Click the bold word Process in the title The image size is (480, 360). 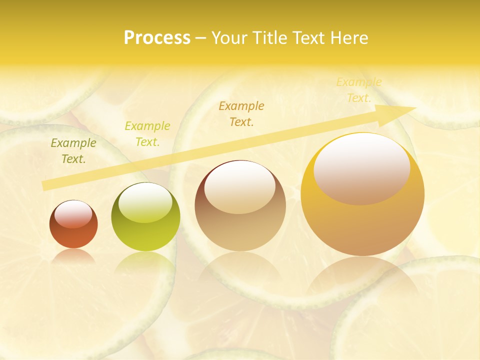click(x=157, y=38)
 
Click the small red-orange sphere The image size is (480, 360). click(x=73, y=225)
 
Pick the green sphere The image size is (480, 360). click(x=145, y=217)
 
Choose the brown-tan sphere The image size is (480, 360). click(x=240, y=206)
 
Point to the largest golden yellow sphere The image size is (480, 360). click(x=362, y=195)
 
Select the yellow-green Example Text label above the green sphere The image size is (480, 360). click(x=147, y=134)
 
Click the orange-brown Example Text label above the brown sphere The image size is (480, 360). click(x=241, y=113)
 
